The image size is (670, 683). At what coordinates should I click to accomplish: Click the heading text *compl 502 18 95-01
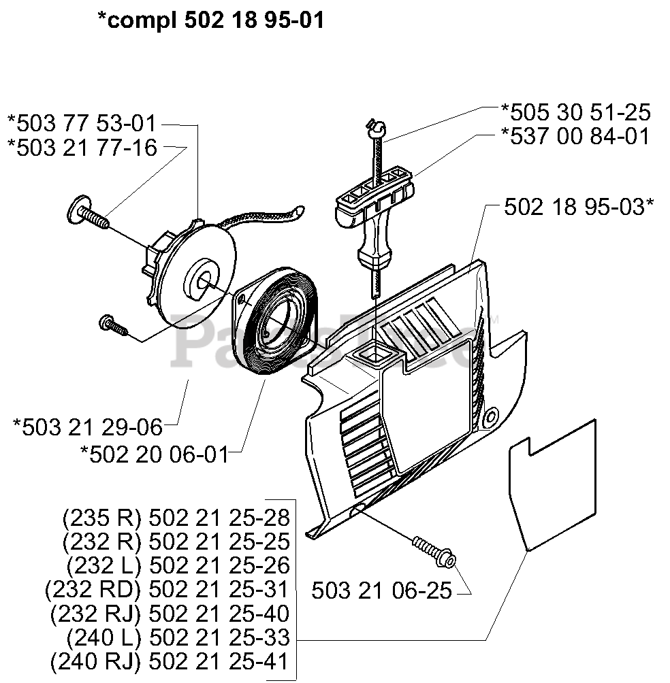(210, 20)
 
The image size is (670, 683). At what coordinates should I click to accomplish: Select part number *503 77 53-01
(81, 124)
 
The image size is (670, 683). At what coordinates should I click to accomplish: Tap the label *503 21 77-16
(81, 147)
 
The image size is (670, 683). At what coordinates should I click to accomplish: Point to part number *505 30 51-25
(575, 112)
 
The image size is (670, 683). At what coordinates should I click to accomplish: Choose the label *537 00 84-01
(575, 135)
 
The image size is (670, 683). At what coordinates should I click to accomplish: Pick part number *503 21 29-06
(88, 427)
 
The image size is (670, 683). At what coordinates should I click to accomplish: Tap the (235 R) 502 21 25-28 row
(176, 518)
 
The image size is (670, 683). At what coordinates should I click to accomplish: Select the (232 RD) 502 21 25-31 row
(167, 590)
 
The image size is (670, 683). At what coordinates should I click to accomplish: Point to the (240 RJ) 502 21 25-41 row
(170, 661)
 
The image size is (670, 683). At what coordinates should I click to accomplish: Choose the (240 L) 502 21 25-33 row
(178, 638)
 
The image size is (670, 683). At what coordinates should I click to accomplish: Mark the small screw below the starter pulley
(113, 324)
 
